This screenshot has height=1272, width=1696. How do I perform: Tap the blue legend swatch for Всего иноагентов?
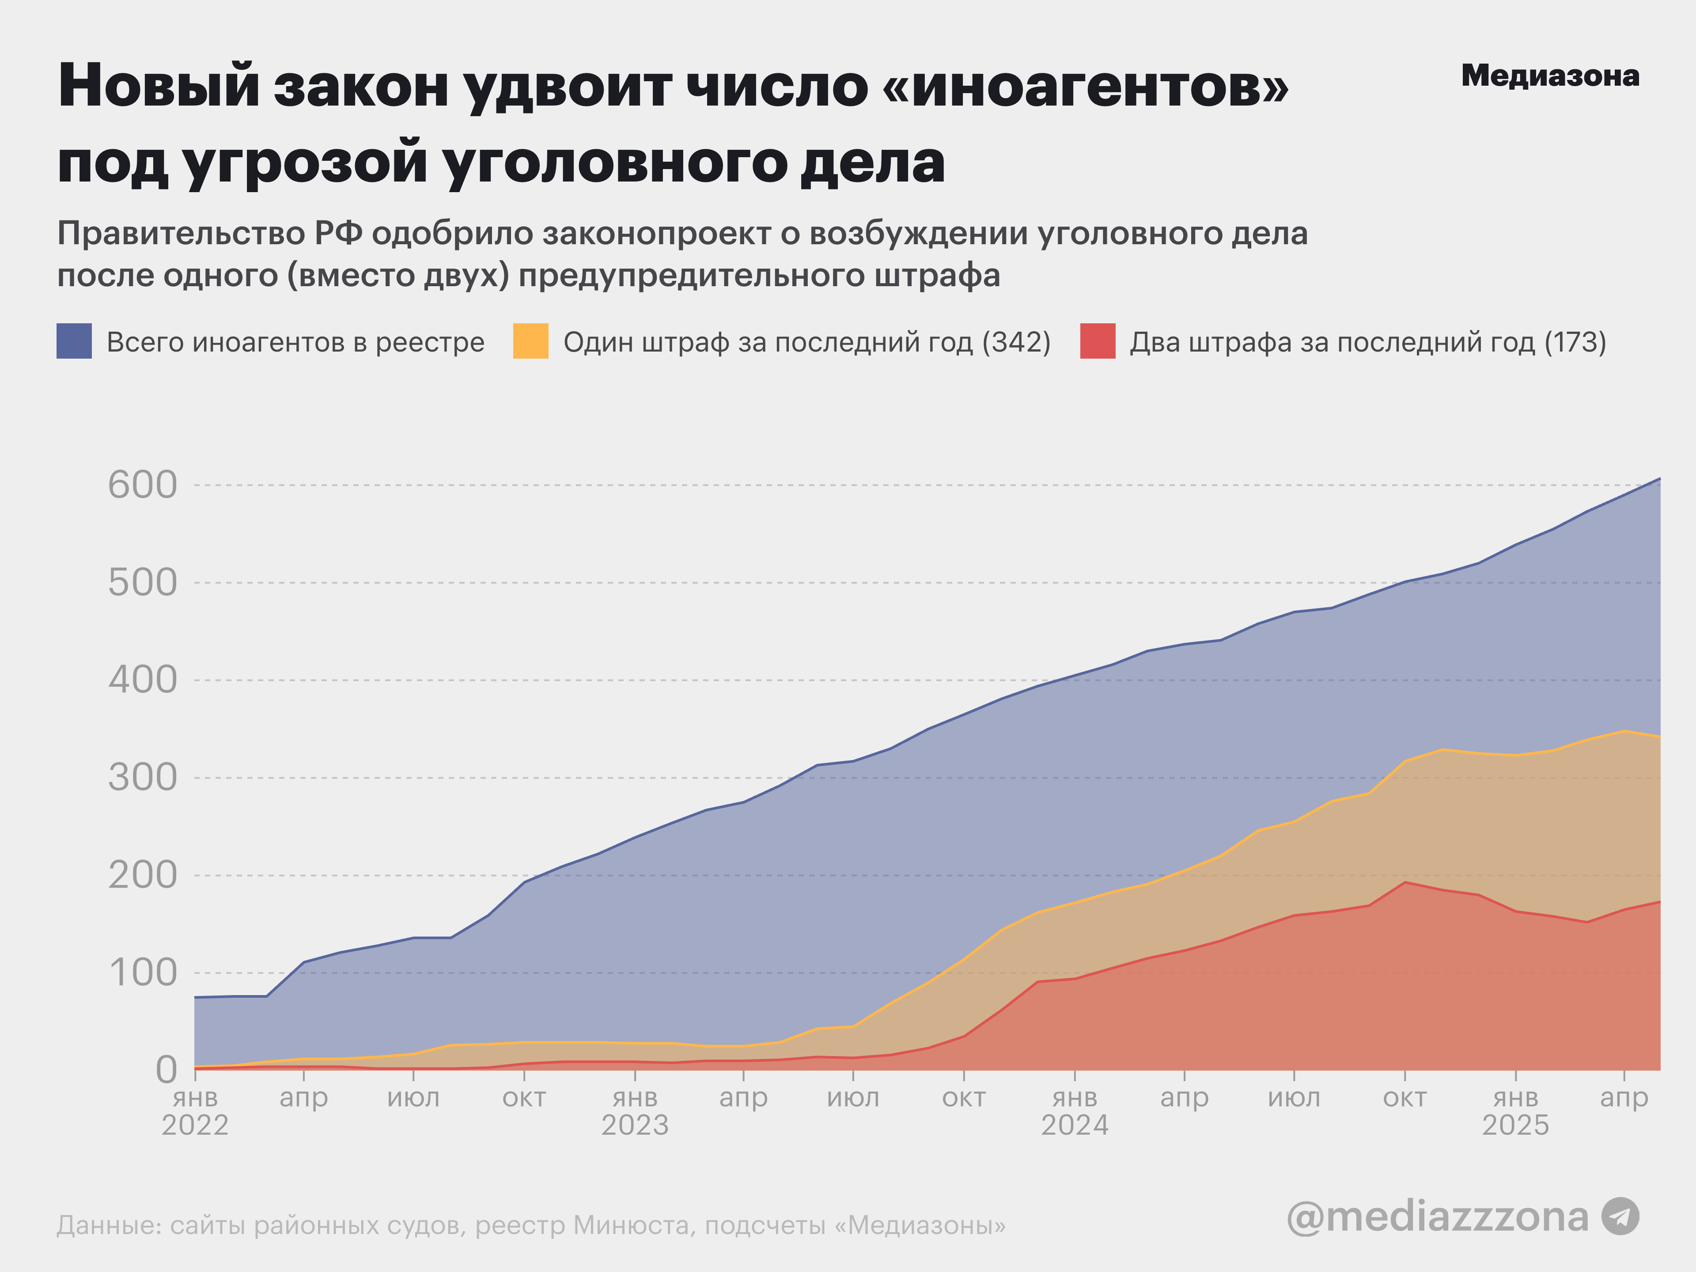point(74,341)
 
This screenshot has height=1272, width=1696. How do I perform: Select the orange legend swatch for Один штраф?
point(530,341)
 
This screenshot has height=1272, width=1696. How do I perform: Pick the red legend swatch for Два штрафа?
point(1097,341)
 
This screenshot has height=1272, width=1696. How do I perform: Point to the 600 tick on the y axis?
point(143,485)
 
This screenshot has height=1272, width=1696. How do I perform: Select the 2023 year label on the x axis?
point(635,1125)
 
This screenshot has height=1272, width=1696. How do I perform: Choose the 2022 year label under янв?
point(195,1125)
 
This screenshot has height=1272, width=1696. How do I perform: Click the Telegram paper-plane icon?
point(1620,1217)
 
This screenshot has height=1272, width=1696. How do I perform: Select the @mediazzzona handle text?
point(1438,1217)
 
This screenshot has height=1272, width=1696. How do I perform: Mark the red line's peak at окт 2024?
point(1404,882)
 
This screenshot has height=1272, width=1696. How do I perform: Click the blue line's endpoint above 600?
point(1659,478)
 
